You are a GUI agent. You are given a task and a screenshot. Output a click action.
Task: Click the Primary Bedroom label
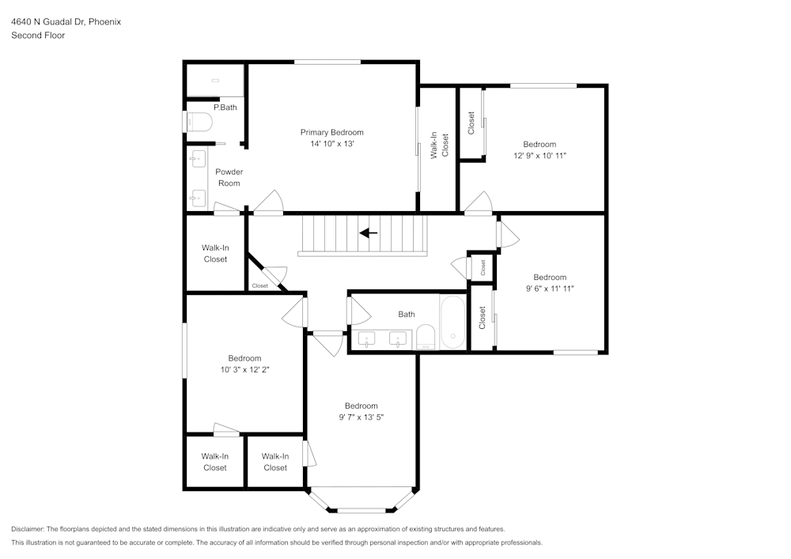(331, 132)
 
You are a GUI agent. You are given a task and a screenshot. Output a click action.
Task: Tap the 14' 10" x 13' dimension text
(331, 144)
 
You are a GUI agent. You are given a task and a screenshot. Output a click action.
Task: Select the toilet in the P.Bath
(199, 123)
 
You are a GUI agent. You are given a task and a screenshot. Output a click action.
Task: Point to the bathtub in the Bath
(454, 323)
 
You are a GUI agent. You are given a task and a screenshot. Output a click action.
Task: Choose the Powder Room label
(229, 177)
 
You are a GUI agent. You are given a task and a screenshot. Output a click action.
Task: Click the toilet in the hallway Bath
(426, 337)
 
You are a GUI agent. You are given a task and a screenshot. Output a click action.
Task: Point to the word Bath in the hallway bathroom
(406, 314)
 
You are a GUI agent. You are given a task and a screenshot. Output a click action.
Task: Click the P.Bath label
(225, 108)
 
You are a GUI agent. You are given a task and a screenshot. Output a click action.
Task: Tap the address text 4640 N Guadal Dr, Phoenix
(66, 22)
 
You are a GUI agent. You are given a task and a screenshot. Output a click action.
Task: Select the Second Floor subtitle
(38, 36)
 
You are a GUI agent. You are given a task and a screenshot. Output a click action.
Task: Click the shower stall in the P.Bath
(214, 80)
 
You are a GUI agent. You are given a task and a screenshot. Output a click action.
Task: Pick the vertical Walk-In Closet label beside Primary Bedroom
(439, 145)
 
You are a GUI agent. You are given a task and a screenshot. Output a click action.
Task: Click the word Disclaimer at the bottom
(28, 529)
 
